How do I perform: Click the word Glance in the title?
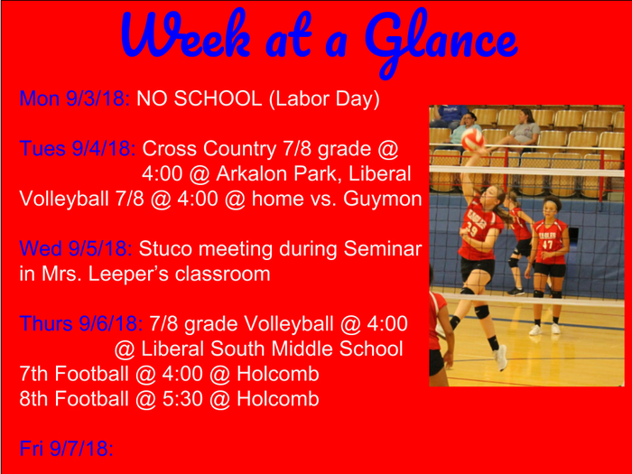tap(441, 41)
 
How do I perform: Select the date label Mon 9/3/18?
tap(75, 98)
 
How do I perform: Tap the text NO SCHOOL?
tap(200, 98)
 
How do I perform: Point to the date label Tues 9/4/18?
tap(78, 149)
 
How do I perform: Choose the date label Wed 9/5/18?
tap(76, 248)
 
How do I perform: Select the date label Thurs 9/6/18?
tap(81, 323)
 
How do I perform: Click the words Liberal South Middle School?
tap(272, 349)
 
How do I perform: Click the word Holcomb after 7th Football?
tap(278, 374)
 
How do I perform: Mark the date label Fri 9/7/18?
tap(67, 449)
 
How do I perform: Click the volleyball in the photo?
tap(473, 140)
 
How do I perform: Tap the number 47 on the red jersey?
tap(547, 245)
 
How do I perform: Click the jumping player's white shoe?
tap(500, 358)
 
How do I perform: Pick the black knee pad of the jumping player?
tap(481, 311)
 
